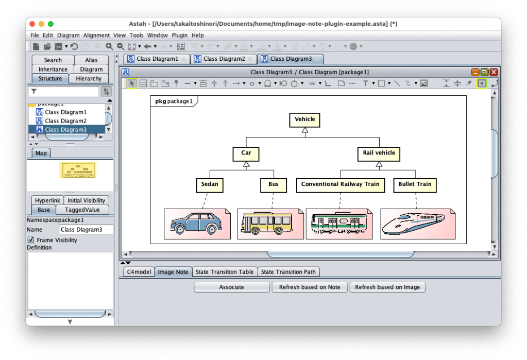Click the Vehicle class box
304,119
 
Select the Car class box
246,153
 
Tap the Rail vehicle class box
379,153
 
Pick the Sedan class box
210,184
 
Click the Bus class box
273,184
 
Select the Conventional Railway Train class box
340,184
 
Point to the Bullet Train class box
415,184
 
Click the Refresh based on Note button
310,287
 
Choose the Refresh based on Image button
387,287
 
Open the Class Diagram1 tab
157,59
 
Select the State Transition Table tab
225,272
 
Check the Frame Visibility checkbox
31,240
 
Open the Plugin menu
180,36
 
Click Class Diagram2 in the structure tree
65,121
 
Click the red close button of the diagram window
494,73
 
